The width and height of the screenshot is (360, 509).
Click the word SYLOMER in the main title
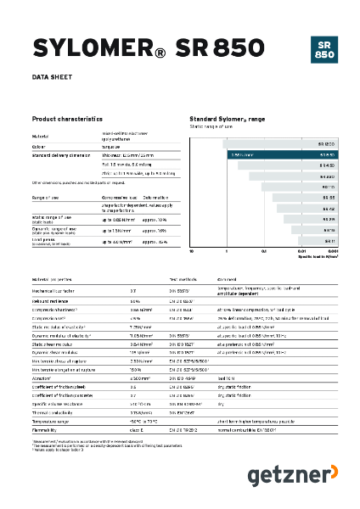click(x=86, y=48)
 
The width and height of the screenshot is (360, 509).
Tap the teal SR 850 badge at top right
click(x=323, y=48)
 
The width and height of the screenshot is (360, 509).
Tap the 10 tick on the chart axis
click(x=192, y=252)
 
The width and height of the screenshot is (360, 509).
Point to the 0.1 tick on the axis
click(x=264, y=252)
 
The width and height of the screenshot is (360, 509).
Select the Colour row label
click(x=41, y=145)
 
